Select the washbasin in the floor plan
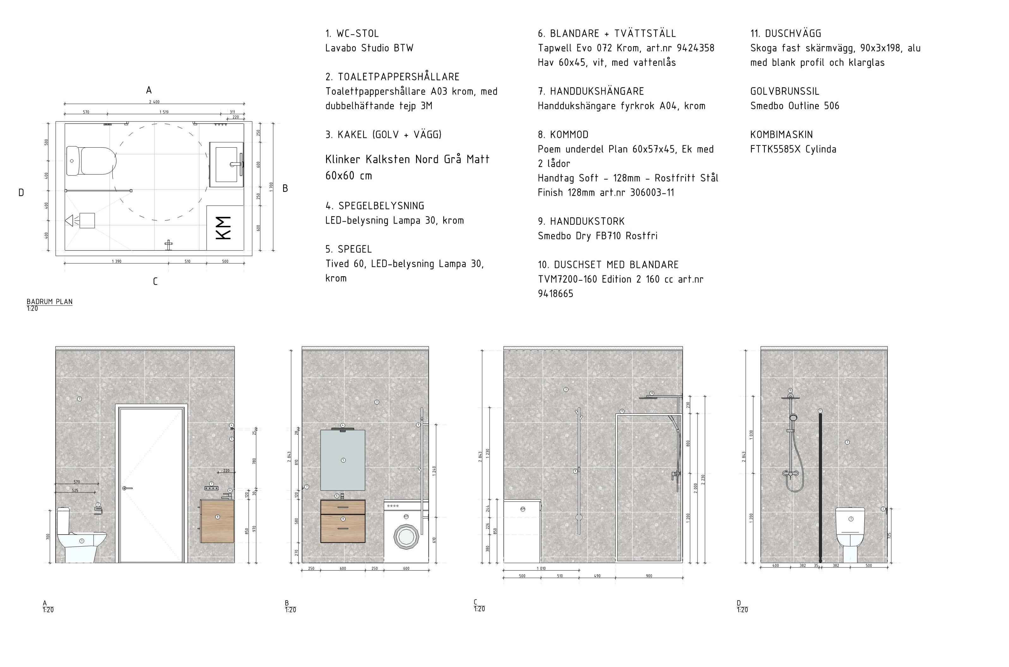tap(226, 164)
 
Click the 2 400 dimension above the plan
tap(154, 102)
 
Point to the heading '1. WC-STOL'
tap(352, 34)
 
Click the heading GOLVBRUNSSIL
tap(785, 91)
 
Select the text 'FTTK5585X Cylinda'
tap(793, 149)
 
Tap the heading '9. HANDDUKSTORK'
tap(581, 222)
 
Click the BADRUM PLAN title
tap(50, 302)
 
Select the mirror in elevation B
tap(342, 460)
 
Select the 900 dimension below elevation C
tap(649, 576)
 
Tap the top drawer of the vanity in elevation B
tap(342, 507)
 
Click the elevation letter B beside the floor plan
tap(285, 188)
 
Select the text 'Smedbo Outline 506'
tap(795, 106)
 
